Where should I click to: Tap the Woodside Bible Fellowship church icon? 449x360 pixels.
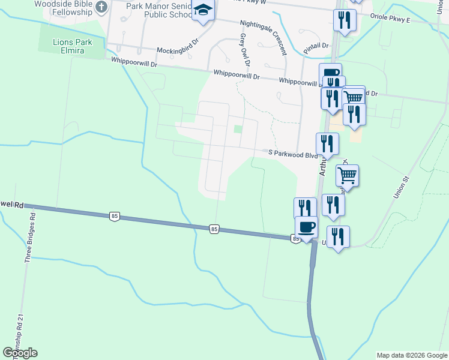point(101,7)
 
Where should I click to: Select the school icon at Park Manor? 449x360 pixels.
point(203,11)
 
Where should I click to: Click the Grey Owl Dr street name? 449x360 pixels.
point(244,49)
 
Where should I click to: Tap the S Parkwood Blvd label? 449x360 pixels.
point(292,155)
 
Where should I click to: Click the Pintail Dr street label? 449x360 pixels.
point(316,45)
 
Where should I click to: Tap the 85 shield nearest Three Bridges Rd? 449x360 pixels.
point(113,215)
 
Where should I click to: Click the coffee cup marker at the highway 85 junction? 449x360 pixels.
point(306,227)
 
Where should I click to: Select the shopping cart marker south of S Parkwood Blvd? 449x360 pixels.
point(347,176)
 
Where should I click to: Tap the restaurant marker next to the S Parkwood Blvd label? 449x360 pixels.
point(327,143)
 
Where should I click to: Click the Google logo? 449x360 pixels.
point(20,353)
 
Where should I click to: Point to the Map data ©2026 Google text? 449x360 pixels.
point(412,355)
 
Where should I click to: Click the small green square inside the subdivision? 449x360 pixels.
point(238,129)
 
